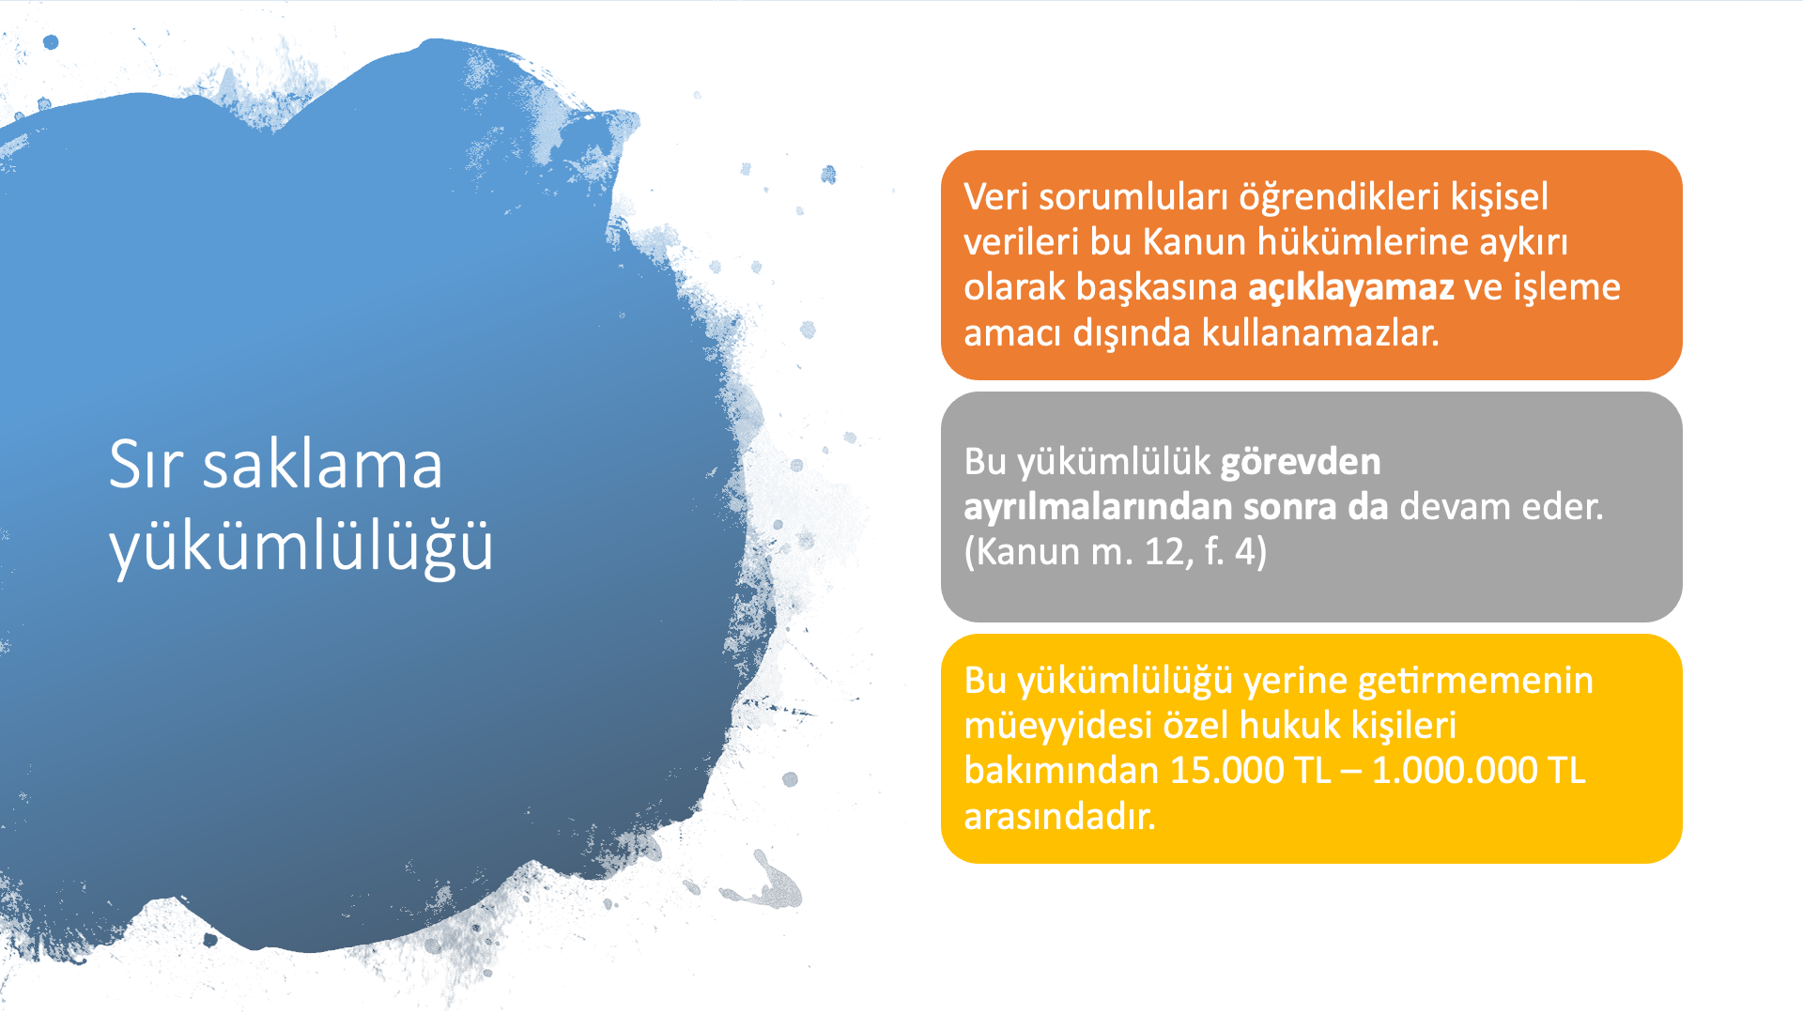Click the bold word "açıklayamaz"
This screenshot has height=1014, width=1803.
point(1350,288)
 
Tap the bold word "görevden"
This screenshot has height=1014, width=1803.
point(1301,462)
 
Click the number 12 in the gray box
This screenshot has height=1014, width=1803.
point(1163,552)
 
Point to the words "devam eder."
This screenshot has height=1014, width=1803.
point(1502,507)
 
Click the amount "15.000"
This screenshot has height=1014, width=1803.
point(1225,771)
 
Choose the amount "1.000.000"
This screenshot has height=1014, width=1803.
point(1455,771)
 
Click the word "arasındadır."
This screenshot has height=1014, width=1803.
point(1059,817)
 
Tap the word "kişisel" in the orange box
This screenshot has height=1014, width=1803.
point(1499,198)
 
